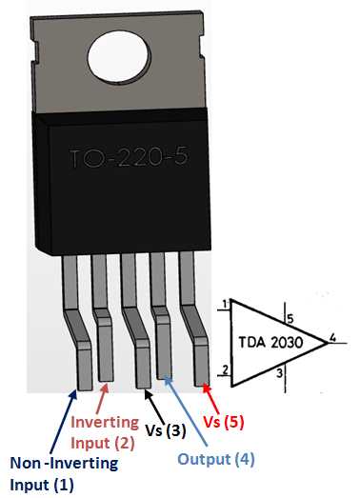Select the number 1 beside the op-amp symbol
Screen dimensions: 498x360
pyautogui.click(x=223, y=305)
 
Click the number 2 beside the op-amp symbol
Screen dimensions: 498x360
pyautogui.click(x=223, y=369)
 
